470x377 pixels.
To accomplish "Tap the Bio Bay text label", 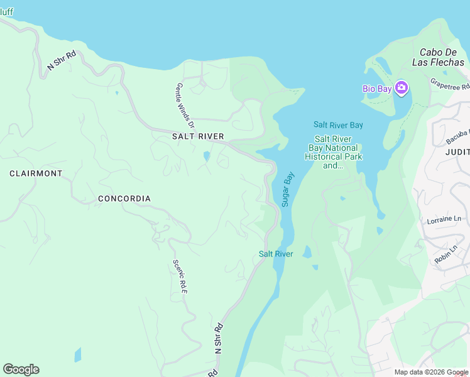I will point(377,89).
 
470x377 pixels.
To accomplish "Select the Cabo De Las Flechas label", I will point(438,57).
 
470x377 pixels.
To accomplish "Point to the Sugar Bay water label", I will point(288,189).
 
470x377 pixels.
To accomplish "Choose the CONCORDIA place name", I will point(124,199).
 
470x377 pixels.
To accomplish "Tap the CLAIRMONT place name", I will point(36,173).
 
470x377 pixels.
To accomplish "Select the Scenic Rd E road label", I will point(180,277).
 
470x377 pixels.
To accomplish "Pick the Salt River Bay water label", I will point(339,125).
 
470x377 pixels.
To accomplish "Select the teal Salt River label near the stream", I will point(276,254).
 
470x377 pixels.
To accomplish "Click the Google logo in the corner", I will point(21,369).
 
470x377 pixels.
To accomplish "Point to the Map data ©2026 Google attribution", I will point(431,372).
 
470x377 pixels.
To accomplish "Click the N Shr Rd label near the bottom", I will point(219,339).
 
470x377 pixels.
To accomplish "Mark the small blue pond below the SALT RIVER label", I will point(207,156).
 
